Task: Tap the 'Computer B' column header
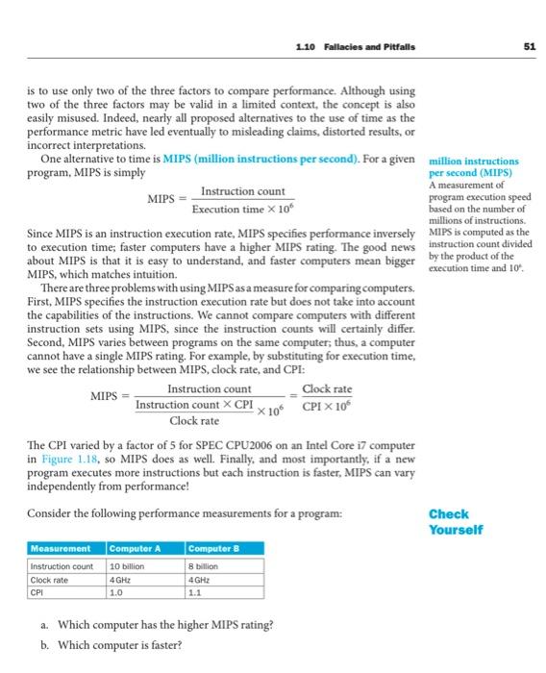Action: coord(214,548)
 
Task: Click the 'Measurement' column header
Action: coord(60,548)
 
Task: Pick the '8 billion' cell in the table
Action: coord(205,567)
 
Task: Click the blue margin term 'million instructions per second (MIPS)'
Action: coord(473,167)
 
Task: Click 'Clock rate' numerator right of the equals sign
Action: coord(327,389)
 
